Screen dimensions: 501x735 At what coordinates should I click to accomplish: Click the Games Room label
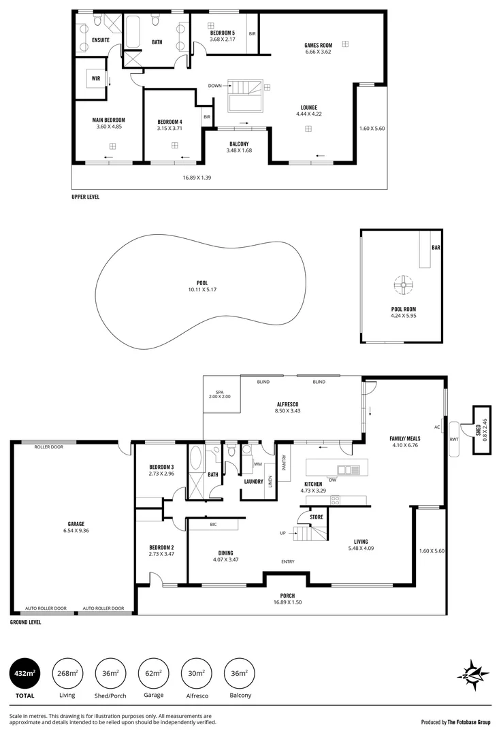(x=318, y=46)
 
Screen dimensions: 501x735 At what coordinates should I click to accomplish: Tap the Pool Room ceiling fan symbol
(x=403, y=285)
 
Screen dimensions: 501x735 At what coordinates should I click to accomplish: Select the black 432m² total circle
(x=25, y=674)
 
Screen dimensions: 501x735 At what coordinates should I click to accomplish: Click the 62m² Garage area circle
(x=153, y=674)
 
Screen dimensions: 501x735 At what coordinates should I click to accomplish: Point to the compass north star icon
(x=473, y=674)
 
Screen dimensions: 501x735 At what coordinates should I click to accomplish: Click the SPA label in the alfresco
(x=219, y=392)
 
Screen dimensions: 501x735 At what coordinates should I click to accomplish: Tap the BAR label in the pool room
(x=436, y=248)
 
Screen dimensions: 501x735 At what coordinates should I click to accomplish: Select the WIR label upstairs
(x=96, y=78)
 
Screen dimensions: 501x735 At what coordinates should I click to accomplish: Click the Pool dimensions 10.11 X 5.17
(x=202, y=290)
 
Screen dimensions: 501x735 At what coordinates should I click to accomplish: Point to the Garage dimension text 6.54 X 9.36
(x=76, y=531)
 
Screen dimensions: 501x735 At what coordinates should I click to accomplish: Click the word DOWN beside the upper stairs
(x=214, y=86)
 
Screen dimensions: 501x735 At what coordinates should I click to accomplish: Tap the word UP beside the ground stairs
(x=282, y=533)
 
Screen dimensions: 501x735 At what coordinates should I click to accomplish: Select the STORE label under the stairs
(x=317, y=517)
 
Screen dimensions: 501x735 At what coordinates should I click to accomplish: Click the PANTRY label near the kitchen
(x=284, y=463)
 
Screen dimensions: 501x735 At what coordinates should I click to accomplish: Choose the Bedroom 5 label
(x=223, y=33)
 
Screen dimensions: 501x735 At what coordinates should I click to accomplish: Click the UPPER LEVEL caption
(x=85, y=197)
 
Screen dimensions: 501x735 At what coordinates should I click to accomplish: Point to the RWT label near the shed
(x=453, y=439)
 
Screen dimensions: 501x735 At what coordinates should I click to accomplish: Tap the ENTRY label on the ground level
(x=288, y=561)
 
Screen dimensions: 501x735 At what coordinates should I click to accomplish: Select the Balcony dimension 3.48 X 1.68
(x=239, y=150)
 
